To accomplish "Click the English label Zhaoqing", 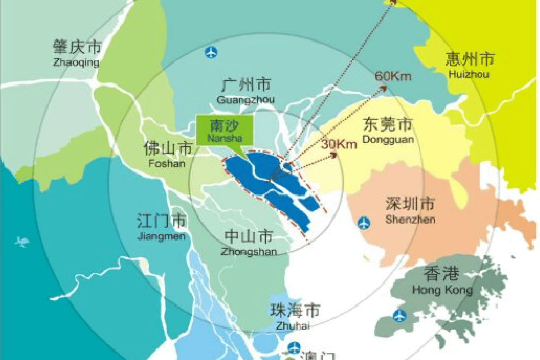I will click(x=76, y=63).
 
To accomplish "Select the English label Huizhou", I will click(x=469, y=74).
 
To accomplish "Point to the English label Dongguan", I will click(x=388, y=139).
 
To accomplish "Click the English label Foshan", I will click(x=167, y=163).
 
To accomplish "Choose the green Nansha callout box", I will click(x=224, y=129).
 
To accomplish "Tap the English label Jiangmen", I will click(x=161, y=237).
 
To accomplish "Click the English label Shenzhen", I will click(x=410, y=219).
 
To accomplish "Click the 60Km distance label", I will click(x=393, y=76).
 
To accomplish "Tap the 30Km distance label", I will click(x=339, y=144).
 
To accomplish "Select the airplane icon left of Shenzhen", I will click(x=364, y=223).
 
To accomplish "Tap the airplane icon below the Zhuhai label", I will click(x=294, y=347).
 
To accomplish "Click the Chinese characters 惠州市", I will click(x=469, y=60).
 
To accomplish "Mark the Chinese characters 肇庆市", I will click(x=77, y=48).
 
